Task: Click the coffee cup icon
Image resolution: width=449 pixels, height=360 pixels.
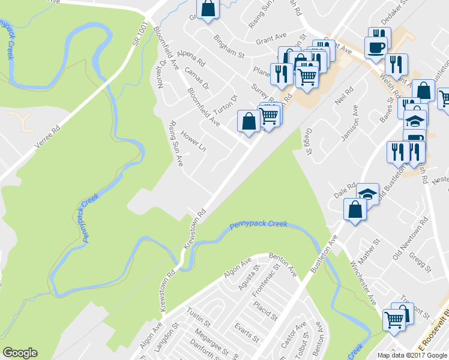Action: click(376, 47)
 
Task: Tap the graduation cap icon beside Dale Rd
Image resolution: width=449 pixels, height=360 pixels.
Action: click(368, 194)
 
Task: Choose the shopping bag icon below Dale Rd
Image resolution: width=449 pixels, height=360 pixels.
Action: click(355, 209)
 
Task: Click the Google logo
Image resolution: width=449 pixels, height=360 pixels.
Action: click(20, 353)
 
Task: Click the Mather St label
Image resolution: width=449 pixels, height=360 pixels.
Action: click(370, 253)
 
